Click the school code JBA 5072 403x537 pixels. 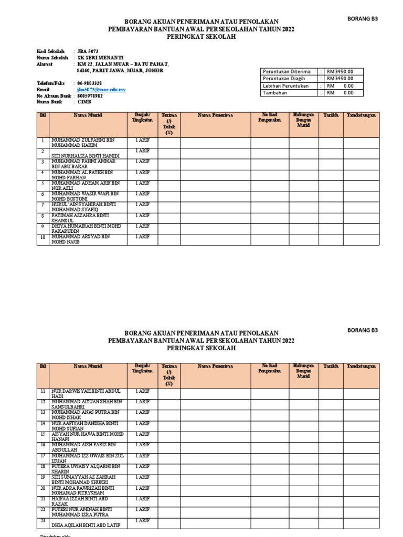click(87, 51)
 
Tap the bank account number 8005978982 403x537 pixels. click(90, 96)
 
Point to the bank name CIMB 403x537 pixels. click(84, 102)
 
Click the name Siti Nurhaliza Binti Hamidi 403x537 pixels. click(86, 156)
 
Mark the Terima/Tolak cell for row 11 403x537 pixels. click(168, 393)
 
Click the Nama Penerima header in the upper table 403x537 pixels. click(215, 115)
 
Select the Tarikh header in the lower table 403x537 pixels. click(331, 366)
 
